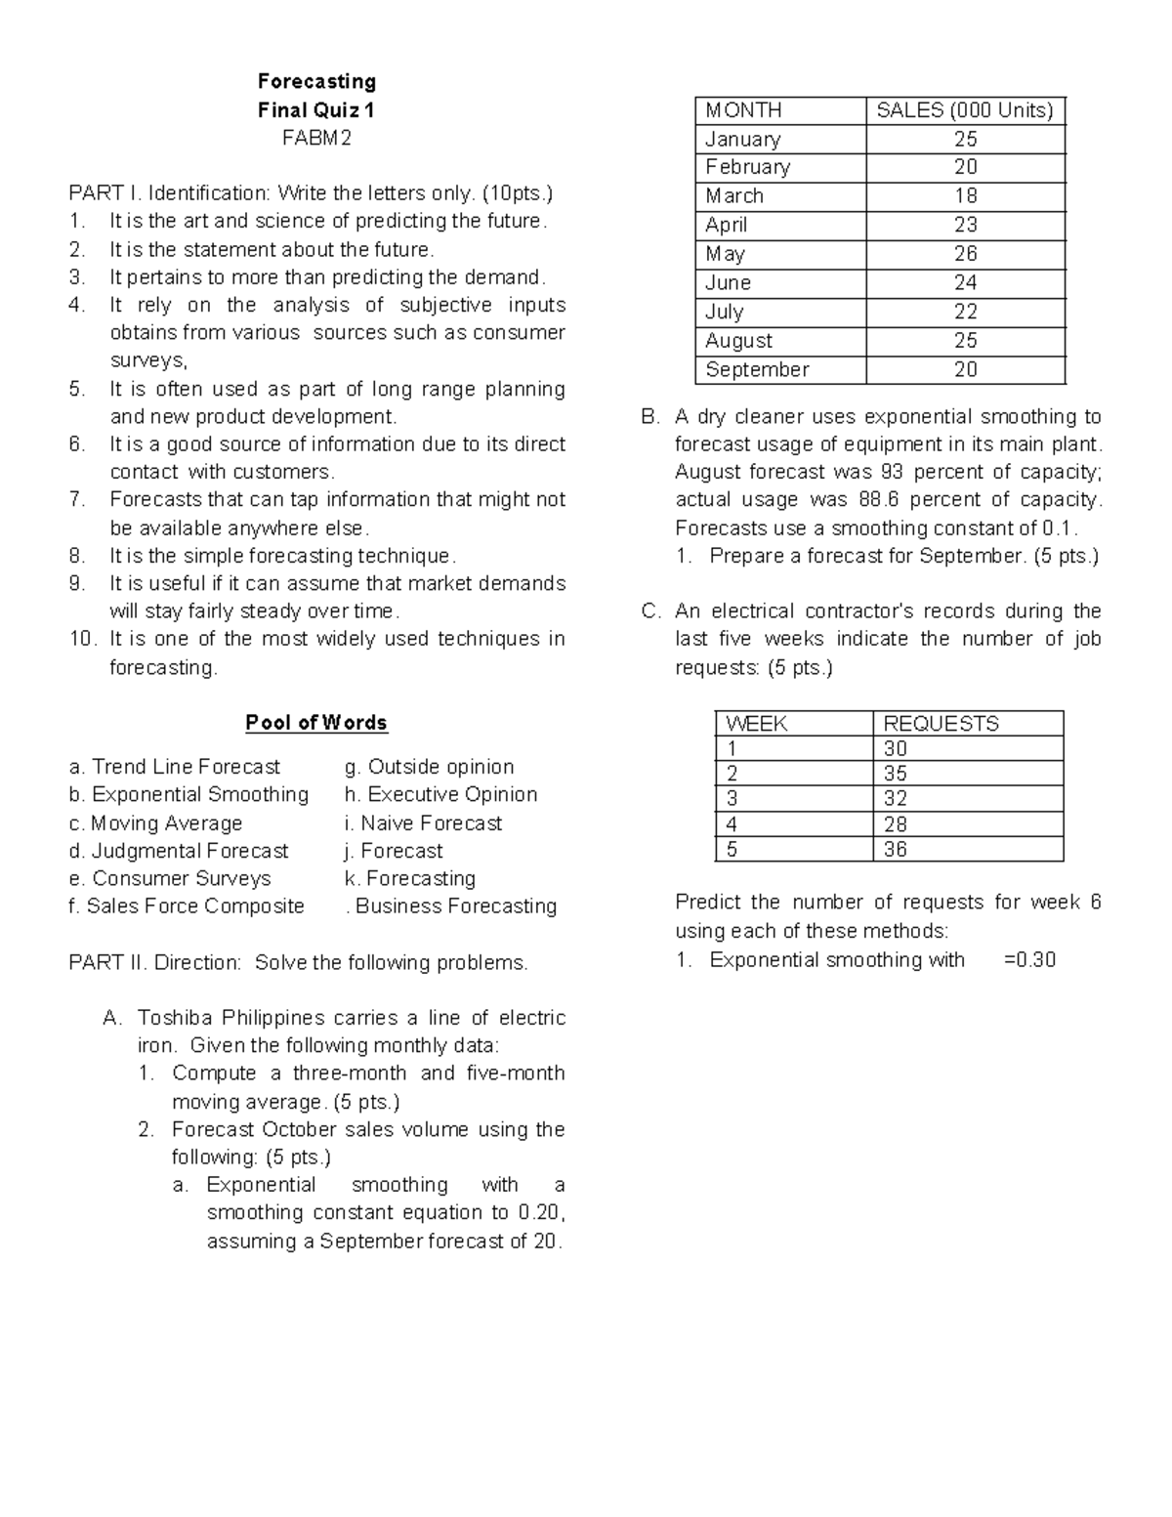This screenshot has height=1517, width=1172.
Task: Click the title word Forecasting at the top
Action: [316, 81]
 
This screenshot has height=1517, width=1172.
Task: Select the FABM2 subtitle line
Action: [316, 138]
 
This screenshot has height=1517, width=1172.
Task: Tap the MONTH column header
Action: [743, 110]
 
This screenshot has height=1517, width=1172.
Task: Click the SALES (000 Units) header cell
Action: [965, 110]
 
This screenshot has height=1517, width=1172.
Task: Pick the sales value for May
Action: [965, 254]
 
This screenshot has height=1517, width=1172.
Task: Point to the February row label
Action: [747, 167]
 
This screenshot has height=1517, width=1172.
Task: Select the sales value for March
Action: [965, 196]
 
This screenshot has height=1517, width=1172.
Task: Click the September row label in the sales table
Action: [757, 369]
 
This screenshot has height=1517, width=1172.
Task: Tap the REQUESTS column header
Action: [941, 724]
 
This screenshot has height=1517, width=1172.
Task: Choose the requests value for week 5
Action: [895, 849]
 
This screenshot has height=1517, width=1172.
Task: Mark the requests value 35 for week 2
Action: [895, 774]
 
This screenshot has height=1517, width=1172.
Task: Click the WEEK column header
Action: [756, 724]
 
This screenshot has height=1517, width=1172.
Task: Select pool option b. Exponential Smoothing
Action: [188, 794]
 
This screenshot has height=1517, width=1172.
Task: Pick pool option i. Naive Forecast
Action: [423, 823]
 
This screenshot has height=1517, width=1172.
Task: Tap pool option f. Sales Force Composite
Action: [187, 906]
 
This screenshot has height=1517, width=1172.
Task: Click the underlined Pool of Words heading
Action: [316, 723]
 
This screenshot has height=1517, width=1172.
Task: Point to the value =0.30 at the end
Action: [1029, 959]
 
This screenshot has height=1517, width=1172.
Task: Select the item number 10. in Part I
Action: [83, 639]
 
